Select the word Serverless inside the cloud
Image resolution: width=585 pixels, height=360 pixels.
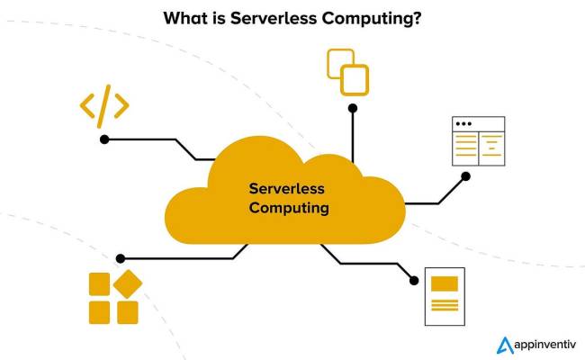pos(286,189)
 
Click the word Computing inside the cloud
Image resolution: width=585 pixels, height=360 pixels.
pos(289,208)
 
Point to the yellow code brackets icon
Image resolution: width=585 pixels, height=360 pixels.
pos(104,105)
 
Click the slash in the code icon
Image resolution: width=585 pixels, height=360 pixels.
pos(104,105)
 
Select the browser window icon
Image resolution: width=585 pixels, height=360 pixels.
pos(478,141)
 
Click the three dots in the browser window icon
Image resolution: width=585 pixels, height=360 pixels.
pos(463,123)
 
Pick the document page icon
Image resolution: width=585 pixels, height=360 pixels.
pos(444,296)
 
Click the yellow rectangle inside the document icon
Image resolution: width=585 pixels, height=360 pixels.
pos(444,283)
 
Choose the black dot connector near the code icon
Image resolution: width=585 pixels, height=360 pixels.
pos(104,139)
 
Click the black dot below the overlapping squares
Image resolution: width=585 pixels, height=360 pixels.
pos(353,108)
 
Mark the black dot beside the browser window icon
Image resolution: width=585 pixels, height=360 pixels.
pos(465,176)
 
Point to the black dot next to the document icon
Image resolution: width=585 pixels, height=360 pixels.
pos(414,280)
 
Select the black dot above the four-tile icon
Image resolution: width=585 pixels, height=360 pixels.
pos(121,258)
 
